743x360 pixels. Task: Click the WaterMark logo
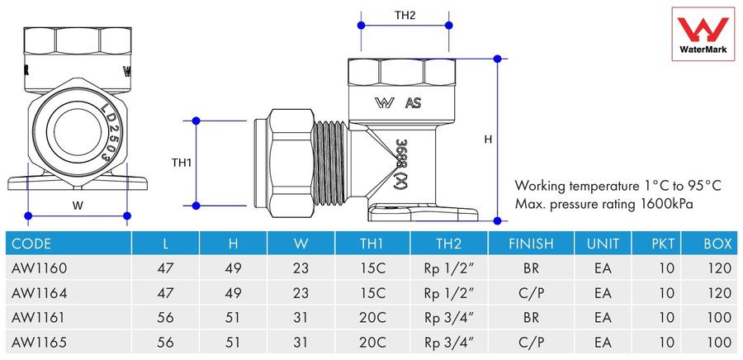[703, 34]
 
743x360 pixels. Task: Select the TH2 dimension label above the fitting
[405, 15]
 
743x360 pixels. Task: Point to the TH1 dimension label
[181, 163]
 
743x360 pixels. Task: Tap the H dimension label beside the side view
[488, 140]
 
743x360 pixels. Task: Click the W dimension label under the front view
[78, 206]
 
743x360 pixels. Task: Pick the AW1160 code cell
[39, 268]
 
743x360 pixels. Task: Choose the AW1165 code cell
[39, 342]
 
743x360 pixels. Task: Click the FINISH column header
[531, 244]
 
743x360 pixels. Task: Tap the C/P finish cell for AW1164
[531, 293]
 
